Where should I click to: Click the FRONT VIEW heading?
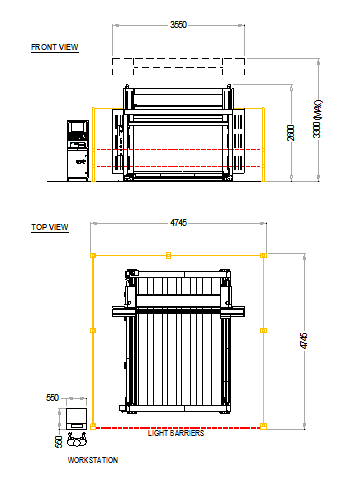click(x=55, y=47)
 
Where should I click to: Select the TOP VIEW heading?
click(x=49, y=228)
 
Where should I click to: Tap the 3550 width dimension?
click(x=178, y=24)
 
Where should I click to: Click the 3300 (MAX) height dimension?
click(x=318, y=118)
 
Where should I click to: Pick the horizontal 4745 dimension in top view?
click(x=178, y=225)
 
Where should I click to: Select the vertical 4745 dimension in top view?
click(x=305, y=342)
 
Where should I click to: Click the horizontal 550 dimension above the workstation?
click(x=54, y=397)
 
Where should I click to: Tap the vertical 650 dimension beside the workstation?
click(x=58, y=441)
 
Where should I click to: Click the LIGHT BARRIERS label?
click(x=176, y=434)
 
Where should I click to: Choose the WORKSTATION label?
click(x=92, y=460)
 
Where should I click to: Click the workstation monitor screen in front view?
click(x=77, y=128)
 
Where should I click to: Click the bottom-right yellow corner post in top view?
click(x=264, y=427)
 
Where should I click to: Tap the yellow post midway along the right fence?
click(x=264, y=329)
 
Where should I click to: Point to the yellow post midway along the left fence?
click(x=93, y=329)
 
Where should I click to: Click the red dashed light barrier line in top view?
click(x=178, y=427)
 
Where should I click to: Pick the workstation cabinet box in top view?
click(x=77, y=416)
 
